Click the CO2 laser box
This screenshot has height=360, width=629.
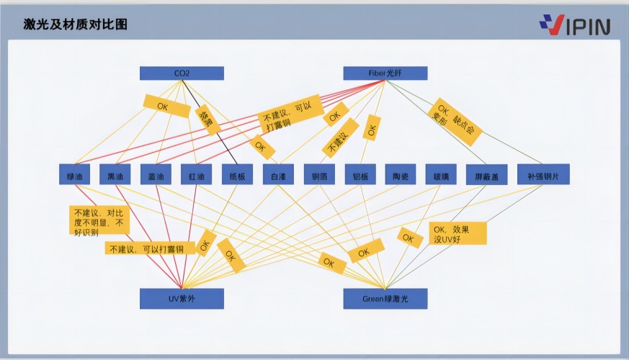coord(182,73)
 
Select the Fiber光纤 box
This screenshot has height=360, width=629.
coord(385,73)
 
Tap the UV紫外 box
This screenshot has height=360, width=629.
coord(182,298)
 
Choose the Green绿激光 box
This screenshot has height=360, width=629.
coord(385,298)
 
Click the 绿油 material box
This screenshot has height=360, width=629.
coord(75,175)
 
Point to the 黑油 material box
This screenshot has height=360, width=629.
coord(115,175)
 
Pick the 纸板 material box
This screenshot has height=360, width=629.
coord(237,175)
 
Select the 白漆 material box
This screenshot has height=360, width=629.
coord(278,175)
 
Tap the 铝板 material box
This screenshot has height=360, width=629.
coord(360,175)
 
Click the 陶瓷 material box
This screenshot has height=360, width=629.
coord(401,175)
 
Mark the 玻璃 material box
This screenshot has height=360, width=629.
coord(441,175)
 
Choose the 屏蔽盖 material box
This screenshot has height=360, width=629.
coord(482,175)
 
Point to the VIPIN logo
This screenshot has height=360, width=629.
coord(574,24)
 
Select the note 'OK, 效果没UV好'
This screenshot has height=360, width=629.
coord(458,233)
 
